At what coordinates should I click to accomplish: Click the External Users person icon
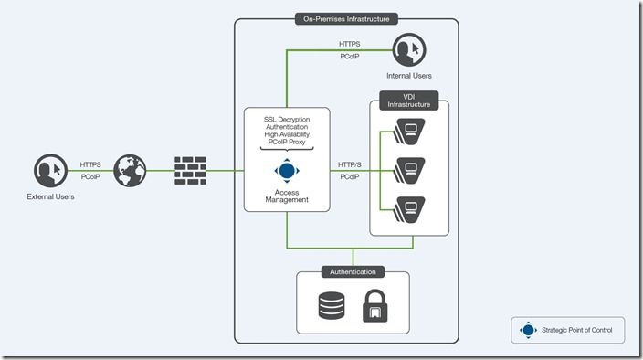[x=49, y=171]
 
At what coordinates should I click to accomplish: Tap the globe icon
[x=130, y=170]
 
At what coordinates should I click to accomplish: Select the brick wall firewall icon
[x=191, y=170]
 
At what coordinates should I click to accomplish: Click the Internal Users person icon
[x=408, y=49]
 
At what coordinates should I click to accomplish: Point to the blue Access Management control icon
[x=287, y=170]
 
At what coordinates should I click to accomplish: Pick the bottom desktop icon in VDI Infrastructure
[x=410, y=205]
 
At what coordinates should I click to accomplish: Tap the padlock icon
[x=373, y=306]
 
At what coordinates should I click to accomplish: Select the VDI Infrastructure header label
[x=408, y=101]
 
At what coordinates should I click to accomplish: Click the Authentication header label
[x=352, y=271]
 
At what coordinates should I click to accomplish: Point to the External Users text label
[x=50, y=196]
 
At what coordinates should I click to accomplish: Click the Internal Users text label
[x=408, y=75]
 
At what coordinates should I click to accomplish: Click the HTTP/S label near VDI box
[x=349, y=164]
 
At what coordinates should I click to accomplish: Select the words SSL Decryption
[x=287, y=121]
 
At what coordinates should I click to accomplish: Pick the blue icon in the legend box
[x=527, y=330]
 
